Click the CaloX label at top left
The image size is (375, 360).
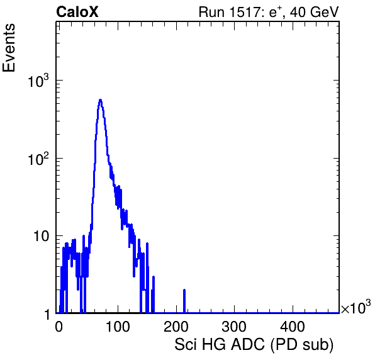[77, 12]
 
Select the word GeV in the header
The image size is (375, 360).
[323, 12]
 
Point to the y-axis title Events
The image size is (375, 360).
[9, 48]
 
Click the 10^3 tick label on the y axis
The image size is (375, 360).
[38, 81]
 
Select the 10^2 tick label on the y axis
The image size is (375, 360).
[38, 159]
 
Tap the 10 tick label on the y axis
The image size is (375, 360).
[41, 237]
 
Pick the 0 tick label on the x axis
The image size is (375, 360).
[59, 327]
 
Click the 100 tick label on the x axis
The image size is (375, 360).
[118, 327]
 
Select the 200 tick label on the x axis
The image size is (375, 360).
[176, 327]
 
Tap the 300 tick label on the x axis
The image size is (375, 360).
[234, 327]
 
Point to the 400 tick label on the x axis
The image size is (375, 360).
[293, 327]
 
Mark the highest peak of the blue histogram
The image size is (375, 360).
[101, 100]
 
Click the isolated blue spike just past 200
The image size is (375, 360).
[184, 301]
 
